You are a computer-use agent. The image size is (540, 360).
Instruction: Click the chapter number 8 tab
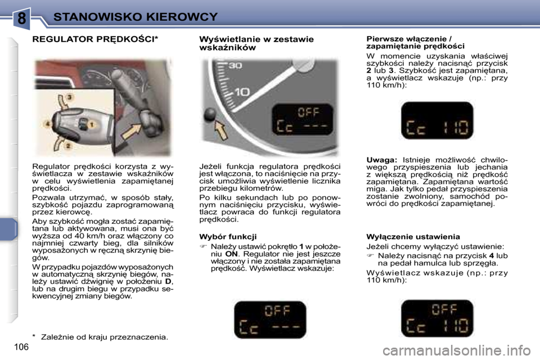point(21,18)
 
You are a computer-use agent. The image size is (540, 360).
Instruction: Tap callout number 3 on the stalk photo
point(69,98)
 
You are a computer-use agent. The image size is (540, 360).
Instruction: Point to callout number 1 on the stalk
point(89,123)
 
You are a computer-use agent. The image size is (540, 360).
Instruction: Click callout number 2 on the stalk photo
point(69,146)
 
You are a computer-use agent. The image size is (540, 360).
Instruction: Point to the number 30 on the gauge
point(235,66)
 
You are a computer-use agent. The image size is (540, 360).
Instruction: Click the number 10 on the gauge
point(242,91)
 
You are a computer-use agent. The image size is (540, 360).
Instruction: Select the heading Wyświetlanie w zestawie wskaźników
point(256,43)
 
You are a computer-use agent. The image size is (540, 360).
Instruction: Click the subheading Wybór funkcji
point(228,237)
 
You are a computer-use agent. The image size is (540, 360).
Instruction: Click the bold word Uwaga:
point(382,161)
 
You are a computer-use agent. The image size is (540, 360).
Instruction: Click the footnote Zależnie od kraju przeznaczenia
point(103,337)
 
